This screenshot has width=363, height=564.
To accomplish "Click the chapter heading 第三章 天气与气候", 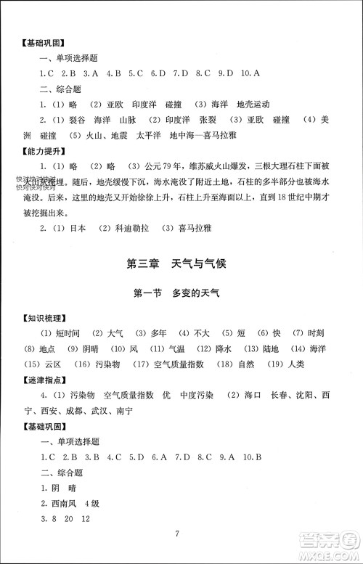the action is point(181,263).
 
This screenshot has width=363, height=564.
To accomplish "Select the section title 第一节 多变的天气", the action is point(181,295).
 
